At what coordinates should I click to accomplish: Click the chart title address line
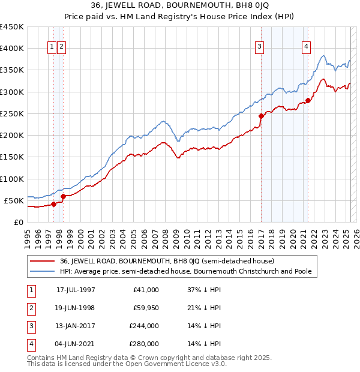pos(179,5)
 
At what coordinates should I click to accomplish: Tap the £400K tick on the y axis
pos(12,48)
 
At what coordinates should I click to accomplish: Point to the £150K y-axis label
pos(12,157)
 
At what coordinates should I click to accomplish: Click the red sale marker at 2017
pos(261,116)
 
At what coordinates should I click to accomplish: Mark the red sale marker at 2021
pos(308,100)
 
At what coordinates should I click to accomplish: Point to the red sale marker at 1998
pos(63,196)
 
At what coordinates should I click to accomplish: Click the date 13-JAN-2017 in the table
pos(76,326)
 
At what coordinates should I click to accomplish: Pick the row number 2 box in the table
pos(29,308)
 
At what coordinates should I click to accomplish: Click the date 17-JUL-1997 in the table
pos(76,290)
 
